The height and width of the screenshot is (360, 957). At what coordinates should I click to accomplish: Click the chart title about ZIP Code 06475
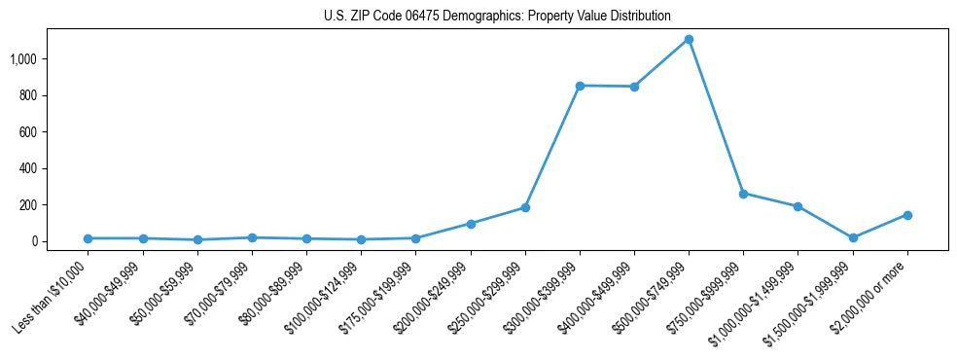[x=497, y=17]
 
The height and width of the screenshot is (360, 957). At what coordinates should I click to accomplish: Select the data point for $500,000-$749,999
[x=689, y=40]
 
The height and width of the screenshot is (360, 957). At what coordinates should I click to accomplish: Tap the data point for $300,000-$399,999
[x=580, y=86]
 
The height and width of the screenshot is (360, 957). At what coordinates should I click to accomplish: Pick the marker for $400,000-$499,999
[x=634, y=87]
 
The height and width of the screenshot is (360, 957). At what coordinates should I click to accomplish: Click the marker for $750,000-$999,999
[x=743, y=194]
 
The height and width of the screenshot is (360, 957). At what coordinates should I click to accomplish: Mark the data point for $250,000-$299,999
[x=525, y=207]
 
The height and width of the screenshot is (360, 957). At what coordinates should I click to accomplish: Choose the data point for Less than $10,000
[x=89, y=238]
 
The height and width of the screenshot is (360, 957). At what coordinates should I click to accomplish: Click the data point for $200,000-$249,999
[x=471, y=224]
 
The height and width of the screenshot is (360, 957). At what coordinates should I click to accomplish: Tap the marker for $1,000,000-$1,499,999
[x=797, y=206]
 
